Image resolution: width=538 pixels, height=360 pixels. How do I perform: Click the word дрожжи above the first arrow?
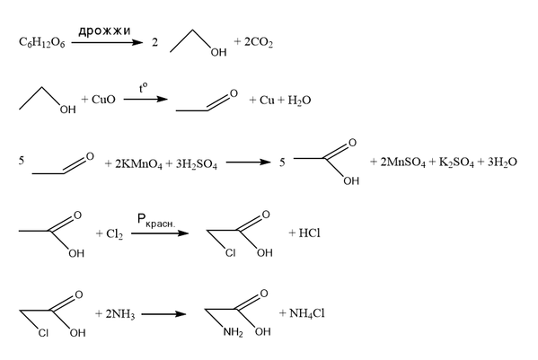104,31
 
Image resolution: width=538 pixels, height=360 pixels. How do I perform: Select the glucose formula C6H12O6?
42,43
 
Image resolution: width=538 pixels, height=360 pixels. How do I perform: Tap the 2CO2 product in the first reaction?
259,42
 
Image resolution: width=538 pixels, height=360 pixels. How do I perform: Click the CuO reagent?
103,100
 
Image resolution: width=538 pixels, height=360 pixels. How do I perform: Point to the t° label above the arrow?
144,89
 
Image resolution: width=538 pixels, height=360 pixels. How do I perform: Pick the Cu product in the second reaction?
267,101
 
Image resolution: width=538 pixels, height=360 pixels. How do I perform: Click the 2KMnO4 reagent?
138,164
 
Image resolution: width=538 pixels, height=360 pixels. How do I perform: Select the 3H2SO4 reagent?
197,164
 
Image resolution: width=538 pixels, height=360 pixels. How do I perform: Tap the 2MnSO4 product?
402,162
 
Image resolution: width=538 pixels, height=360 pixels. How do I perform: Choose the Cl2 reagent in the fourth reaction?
114,234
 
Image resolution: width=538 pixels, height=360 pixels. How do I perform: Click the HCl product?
309,233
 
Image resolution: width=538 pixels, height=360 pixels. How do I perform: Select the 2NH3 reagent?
120,314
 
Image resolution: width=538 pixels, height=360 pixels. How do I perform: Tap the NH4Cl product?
307,313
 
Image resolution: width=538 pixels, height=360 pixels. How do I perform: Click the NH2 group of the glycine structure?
233,332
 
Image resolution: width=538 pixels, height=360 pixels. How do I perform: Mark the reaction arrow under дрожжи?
107,42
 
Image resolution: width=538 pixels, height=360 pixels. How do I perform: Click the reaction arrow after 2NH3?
163,313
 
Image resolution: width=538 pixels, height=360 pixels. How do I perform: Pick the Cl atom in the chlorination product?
230,253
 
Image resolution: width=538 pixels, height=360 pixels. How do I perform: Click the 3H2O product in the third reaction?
502,162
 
